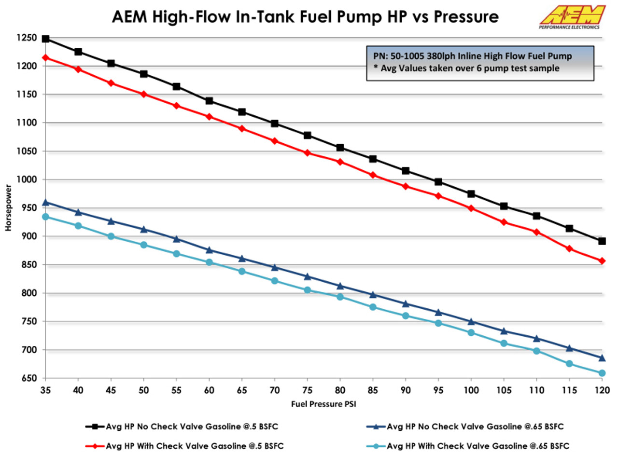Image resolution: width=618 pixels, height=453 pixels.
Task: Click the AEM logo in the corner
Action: pyautogui.click(x=572, y=17)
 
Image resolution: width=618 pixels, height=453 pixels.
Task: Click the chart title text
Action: pyautogui.click(x=305, y=17)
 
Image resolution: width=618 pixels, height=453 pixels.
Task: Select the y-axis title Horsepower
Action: pyautogui.click(x=8, y=207)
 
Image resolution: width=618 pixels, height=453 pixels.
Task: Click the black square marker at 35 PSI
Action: pyautogui.click(x=45, y=39)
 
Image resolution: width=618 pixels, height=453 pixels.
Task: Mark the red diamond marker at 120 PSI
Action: pyautogui.click(x=602, y=261)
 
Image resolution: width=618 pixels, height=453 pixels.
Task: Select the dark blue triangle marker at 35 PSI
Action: pyautogui.click(x=45, y=203)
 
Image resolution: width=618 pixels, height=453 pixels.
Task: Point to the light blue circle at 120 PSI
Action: pyautogui.click(x=602, y=373)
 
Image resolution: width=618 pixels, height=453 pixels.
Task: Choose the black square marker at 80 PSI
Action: pyautogui.click(x=340, y=148)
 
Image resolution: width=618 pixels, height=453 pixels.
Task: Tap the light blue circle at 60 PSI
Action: pyautogui.click(x=209, y=262)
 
